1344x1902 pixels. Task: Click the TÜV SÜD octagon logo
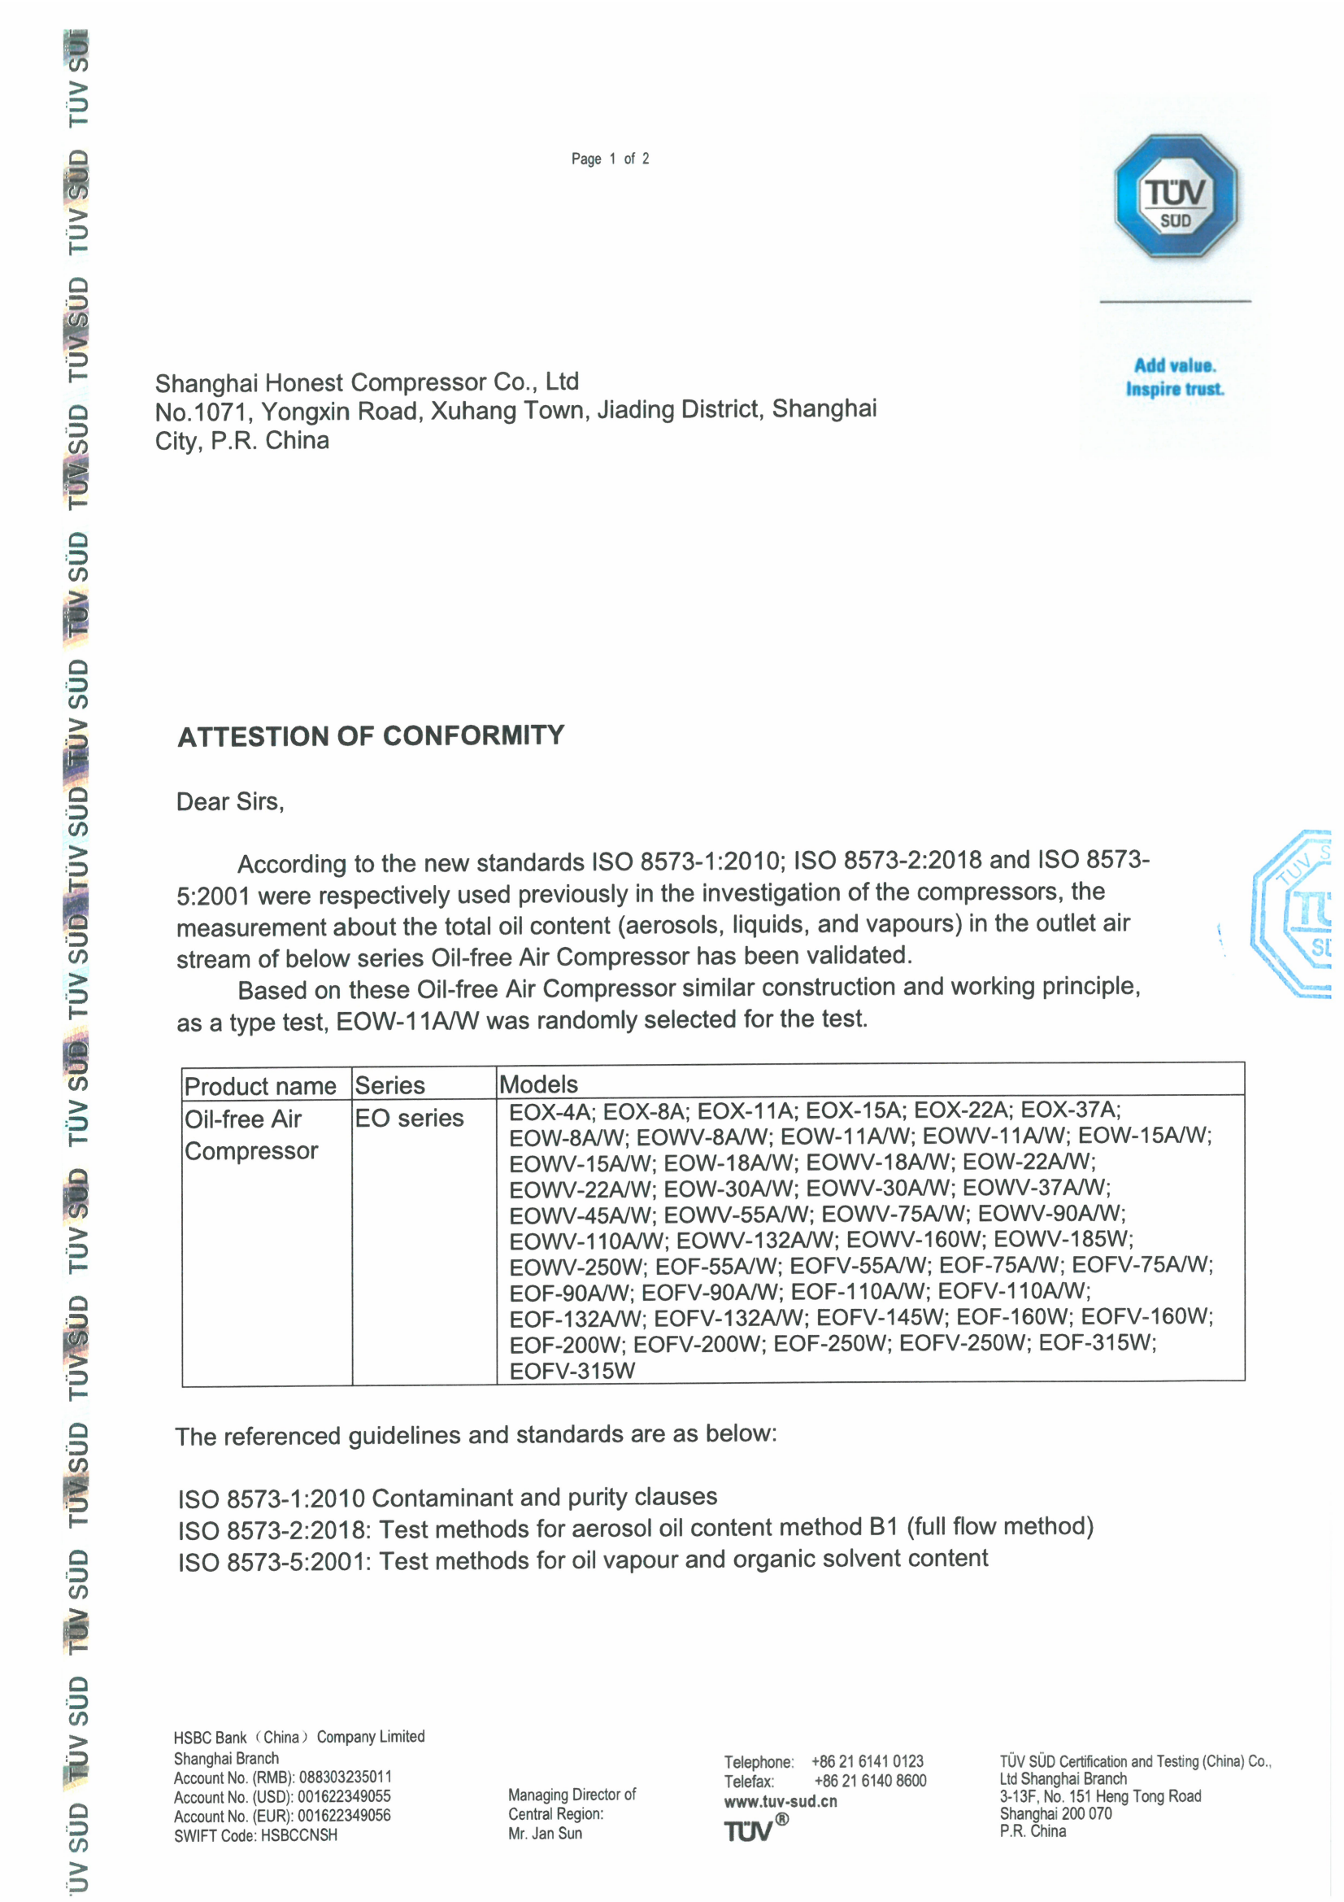point(1175,197)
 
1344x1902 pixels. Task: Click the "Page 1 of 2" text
point(610,159)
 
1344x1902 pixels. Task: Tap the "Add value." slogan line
point(1174,365)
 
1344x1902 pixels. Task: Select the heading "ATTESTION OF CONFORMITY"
point(371,735)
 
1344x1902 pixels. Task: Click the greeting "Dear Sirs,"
point(230,802)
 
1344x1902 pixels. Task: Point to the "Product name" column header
point(260,1086)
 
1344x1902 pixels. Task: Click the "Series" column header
point(389,1085)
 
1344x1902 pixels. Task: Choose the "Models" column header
point(538,1084)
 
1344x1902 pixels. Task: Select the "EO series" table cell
point(409,1119)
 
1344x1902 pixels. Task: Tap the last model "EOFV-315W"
point(572,1371)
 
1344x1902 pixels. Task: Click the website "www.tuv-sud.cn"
point(780,1801)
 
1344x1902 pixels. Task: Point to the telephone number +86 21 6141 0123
point(867,1761)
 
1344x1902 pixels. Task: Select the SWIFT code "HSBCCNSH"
point(299,1835)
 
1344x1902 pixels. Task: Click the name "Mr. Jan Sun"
point(545,1833)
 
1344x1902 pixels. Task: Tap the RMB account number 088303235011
point(346,1777)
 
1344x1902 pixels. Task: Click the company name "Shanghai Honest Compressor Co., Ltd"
point(367,382)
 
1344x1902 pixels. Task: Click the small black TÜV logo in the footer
point(750,1830)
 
